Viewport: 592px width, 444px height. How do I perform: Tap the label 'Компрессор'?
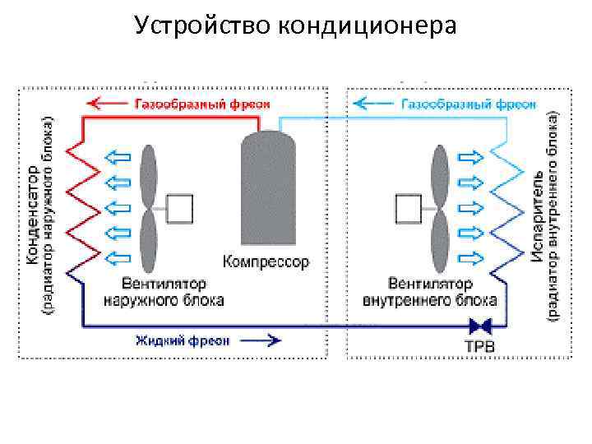point(266,263)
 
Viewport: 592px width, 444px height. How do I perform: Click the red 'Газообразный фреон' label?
point(201,104)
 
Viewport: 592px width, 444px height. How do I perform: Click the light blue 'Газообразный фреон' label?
point(469,104)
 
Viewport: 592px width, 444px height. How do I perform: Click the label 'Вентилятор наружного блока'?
point(163,292)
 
